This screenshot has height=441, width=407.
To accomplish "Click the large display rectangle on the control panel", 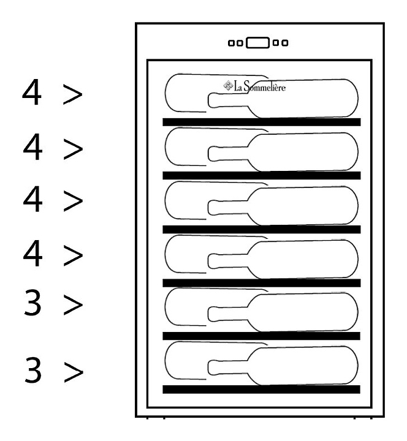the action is [257, 43].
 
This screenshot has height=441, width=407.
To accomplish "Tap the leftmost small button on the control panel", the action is [231, 43].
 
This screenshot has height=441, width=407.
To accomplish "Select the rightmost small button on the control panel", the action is [285, 43].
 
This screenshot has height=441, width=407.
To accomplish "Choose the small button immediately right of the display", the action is [276, 43].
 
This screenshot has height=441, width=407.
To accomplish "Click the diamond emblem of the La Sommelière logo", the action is [228, 86].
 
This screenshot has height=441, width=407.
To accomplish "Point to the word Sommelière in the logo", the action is [265, 86].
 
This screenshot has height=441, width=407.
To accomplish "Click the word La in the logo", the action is [238, 86].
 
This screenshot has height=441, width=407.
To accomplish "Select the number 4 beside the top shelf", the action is [32, 92].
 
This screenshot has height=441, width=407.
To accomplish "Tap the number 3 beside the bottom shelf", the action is [33, 369].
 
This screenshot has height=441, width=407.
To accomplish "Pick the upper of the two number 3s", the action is [32, 303].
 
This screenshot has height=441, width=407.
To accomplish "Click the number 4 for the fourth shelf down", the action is [33, 253].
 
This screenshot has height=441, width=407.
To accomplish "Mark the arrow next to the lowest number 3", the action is [74, 372].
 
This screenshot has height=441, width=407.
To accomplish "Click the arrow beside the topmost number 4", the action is [72, 94].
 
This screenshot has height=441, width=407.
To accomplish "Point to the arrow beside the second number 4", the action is [73, 148].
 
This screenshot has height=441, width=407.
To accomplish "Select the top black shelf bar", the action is [262, 122].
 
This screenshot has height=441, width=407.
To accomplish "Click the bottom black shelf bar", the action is [262, 390].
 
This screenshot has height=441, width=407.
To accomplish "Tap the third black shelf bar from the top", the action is [262, 229].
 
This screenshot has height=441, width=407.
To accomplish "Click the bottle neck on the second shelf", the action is [228, 154].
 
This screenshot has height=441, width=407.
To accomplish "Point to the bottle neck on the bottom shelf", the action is [228, 367].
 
